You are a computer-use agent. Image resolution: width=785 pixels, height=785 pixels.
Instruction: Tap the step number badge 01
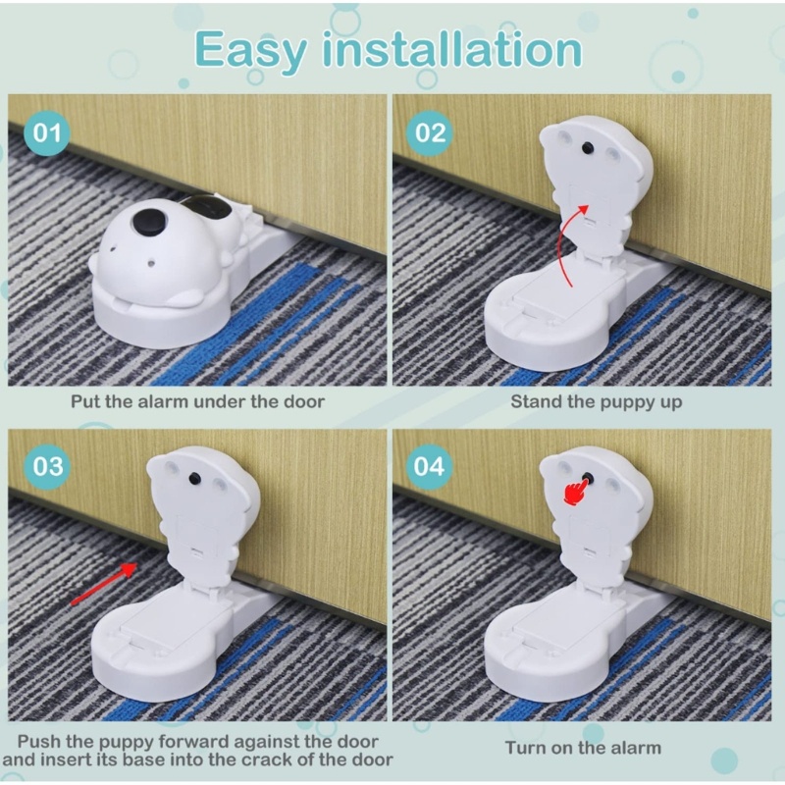tap(47, 132)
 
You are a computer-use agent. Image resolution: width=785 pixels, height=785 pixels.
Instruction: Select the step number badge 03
tap(47, 465)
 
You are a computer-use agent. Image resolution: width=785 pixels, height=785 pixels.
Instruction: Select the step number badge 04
tap(430, 465)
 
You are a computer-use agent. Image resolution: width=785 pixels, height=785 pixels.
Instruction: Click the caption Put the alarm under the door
tap(196, 401)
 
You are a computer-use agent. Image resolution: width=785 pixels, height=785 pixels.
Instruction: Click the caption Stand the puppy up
tap(583, 401)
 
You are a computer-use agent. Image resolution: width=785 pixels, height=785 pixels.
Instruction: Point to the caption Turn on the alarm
tap(583, 748)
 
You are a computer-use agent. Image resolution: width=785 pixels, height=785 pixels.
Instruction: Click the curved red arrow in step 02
tap(569, 245)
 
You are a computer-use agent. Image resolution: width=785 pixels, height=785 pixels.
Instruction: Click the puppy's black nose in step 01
tap(147, 223)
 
